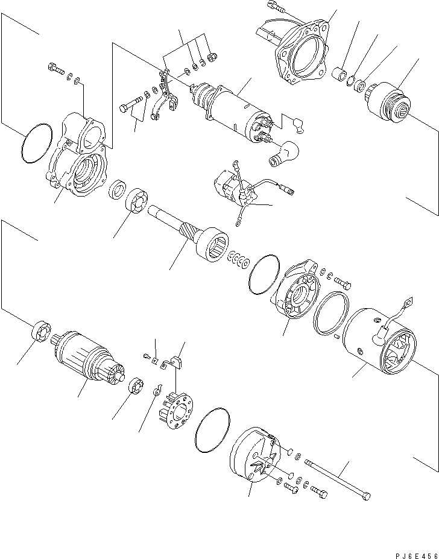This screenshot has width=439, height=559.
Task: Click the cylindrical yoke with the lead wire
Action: pos(377,344)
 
